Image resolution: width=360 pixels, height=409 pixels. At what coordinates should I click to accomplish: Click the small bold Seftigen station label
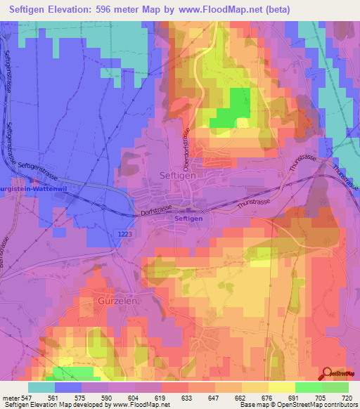point(188,219)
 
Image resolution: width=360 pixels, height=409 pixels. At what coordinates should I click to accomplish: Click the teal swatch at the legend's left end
point(41,387)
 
